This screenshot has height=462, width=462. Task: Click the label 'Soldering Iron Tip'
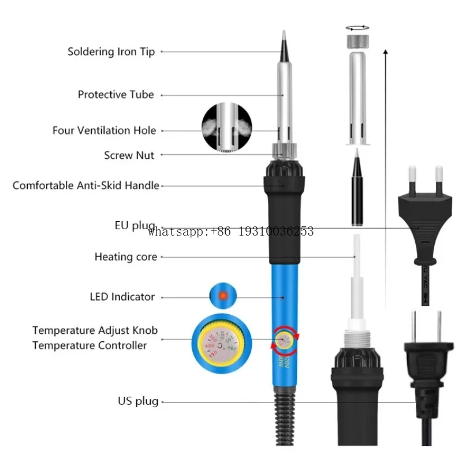pos(111,51)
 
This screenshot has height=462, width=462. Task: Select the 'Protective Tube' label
pos(115,94)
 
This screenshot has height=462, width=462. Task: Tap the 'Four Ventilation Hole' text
pos(104,131)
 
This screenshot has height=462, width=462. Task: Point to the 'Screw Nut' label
pos(129,155)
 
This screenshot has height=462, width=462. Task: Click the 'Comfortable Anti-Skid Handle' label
pos(85,185)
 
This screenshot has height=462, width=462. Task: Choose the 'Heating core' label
pos(125,256)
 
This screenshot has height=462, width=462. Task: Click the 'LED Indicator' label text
pos(122,297)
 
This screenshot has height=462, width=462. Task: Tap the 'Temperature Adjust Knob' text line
pos(95,330)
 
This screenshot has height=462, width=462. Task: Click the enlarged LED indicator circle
pos(222,296)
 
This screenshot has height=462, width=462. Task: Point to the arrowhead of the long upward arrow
pos(385,53)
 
